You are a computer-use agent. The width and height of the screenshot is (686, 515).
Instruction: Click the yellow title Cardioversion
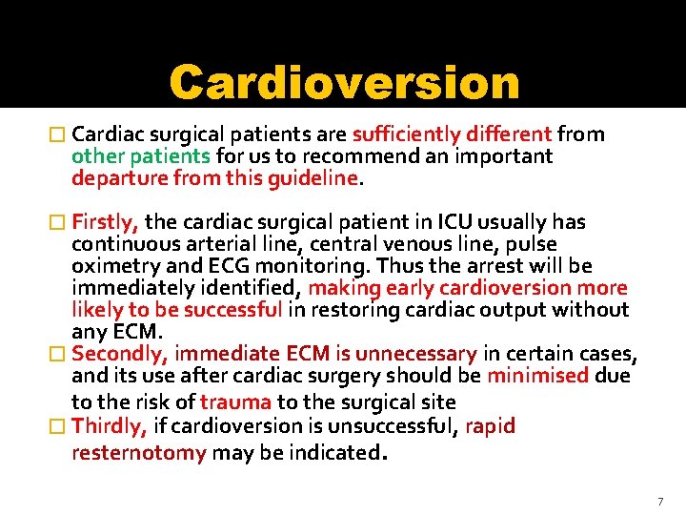344,84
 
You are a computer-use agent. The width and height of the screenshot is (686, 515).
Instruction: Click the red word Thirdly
109,425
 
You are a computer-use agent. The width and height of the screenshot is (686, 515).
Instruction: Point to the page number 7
659,501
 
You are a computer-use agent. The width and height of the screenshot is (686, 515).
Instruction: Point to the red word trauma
235,402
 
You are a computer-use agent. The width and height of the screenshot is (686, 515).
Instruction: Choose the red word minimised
537,375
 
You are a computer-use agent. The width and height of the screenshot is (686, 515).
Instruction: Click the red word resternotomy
139,452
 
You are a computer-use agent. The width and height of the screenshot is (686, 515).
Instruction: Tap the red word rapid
490,425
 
